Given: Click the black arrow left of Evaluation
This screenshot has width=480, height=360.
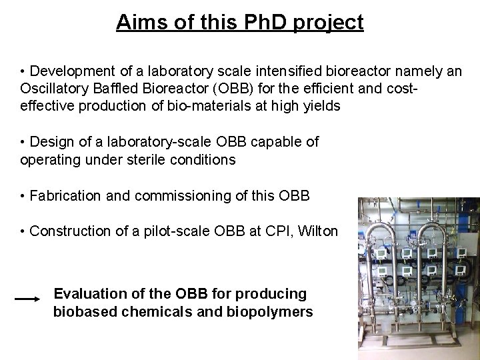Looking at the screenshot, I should tap(27, 301).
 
